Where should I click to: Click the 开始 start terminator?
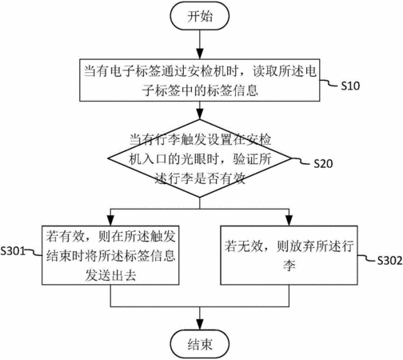tap(200, 16)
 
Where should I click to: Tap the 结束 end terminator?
tap(200, 344)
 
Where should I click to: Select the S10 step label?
tap(350, 86)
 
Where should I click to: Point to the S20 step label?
tap(323, 163)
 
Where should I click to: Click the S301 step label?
tap(13, 251)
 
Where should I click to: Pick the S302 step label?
tap(389, 261)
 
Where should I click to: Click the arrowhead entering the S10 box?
tap(200, 54)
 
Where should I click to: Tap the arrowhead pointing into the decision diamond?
tap(200, 114)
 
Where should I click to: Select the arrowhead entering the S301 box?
tap(110, 221)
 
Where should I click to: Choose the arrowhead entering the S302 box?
tap(289, 221)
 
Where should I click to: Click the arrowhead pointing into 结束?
tap(200, 325)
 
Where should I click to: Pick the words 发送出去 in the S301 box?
tap(110, 275)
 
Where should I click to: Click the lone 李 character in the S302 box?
tap(289, 266)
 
